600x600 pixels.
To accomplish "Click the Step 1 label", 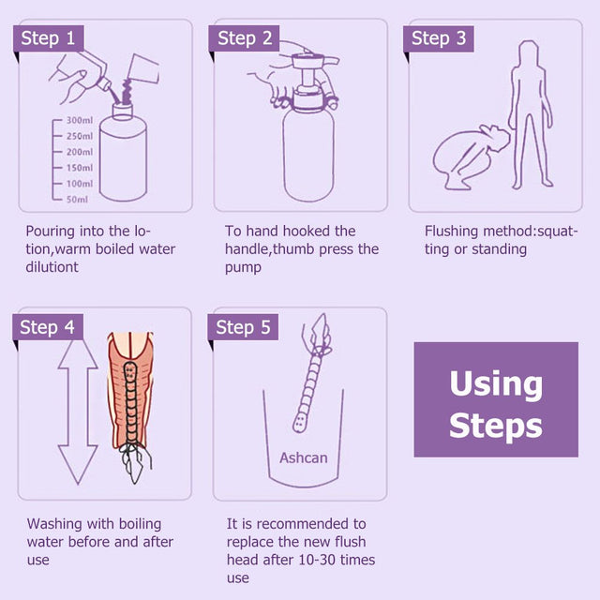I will [x=48, y=38].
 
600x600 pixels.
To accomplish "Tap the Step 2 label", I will [x=245, y=38].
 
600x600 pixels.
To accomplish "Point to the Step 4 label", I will [x=48, y=327].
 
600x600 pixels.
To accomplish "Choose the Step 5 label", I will [x=245, y=327].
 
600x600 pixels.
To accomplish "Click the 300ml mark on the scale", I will [x=79, y=121].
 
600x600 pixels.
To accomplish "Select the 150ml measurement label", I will [x=79, y=168].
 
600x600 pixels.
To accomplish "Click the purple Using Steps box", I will [x=496, y=399].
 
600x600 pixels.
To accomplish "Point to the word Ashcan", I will [x=303, y=458].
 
